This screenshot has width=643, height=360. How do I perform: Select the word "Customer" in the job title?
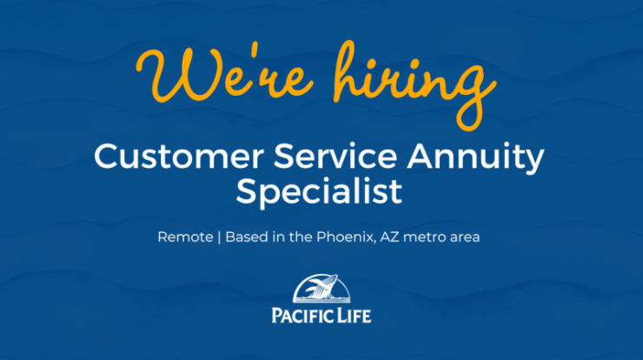[179, 156]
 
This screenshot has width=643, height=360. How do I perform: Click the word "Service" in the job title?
[335, 156]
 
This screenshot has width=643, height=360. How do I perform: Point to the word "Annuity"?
[475, 158]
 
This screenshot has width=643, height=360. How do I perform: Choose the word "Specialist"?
[319, 191]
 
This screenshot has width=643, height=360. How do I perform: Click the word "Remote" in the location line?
[185, 237]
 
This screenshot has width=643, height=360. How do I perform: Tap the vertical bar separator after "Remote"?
[219, 237]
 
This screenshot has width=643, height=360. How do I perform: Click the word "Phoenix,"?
[346, 237]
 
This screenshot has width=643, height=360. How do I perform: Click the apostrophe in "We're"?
[253, 52]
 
